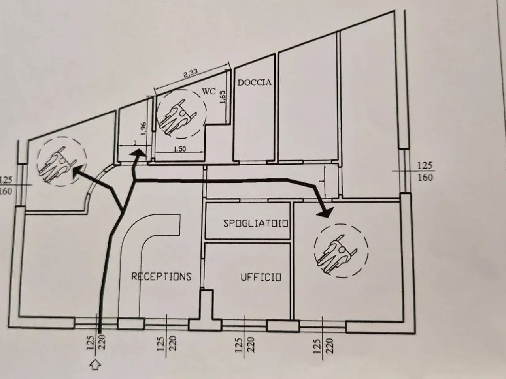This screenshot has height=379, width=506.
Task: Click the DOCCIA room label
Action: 255,83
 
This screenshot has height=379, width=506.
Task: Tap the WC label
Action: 209,91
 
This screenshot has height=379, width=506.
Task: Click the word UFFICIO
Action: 261,277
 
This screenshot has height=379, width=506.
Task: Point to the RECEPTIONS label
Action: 161,276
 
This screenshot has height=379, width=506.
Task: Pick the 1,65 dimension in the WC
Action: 223,97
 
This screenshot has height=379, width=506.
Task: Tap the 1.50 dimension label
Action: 179,149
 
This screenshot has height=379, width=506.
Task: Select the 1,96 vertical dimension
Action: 143,129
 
